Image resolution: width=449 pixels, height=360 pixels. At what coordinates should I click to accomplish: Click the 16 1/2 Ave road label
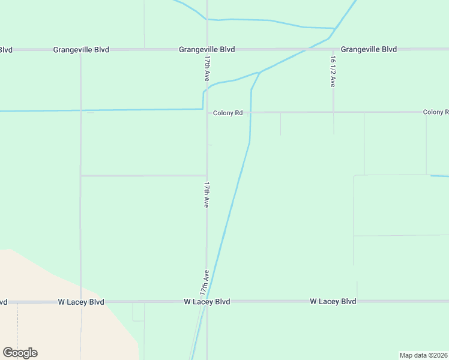[332, 71]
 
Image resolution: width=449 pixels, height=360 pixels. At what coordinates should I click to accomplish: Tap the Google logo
[20, 353]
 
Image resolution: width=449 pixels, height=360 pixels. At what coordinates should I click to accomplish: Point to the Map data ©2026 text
[424, 355]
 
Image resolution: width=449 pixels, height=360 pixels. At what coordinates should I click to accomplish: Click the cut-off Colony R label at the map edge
[436, 112]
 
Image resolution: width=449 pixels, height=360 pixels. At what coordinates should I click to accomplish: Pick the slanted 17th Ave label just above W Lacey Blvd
[205, 281]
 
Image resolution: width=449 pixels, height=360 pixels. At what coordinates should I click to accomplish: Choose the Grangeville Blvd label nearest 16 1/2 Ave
[369, 49]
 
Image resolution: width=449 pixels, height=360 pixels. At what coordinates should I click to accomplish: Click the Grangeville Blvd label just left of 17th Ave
[206, 49]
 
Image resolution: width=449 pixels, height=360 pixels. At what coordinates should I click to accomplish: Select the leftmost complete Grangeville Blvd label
[81, 50]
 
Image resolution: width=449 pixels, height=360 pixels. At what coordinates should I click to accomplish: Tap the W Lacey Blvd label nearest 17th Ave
[206, 301]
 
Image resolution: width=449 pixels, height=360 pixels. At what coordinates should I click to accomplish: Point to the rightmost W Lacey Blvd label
[333, 301]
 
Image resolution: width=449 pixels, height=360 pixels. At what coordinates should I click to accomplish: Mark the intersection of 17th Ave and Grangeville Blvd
[207, 49]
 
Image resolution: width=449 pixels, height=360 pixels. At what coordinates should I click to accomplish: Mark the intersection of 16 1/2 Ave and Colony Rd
[334, 112]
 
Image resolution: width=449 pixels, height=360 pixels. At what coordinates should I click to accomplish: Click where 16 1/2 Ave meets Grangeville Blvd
[333, 49]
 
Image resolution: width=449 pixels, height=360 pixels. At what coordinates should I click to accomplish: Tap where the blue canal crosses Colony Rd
[250, 112]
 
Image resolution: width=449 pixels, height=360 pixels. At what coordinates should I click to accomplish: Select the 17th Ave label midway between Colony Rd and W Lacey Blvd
[206, 195]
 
